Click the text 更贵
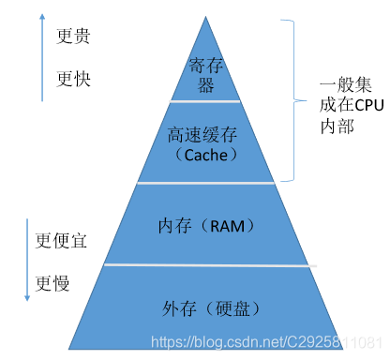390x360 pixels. (x=75, y=37)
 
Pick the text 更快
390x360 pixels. (x=75, y=78)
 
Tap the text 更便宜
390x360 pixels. (x=61, y=240)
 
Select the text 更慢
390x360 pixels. (x=52, y=282)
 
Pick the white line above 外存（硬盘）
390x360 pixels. (x=208, y=266)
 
